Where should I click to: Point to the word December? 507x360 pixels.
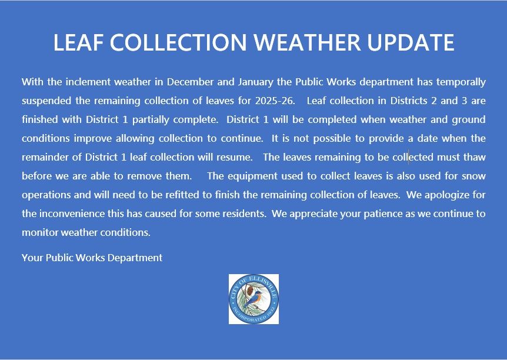(x=195, y=82)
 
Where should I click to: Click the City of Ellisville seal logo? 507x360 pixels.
(x=253, y=299)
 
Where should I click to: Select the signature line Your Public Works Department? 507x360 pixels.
(x=92, y=258)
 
